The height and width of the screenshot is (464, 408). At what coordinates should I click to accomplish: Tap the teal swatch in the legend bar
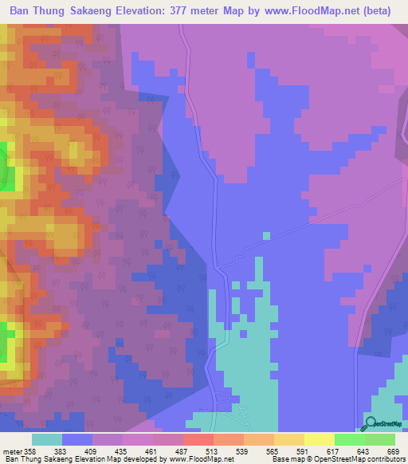click(x=47, y=440)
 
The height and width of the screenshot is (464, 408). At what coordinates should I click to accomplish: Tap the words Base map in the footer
click(x=287, y=459)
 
